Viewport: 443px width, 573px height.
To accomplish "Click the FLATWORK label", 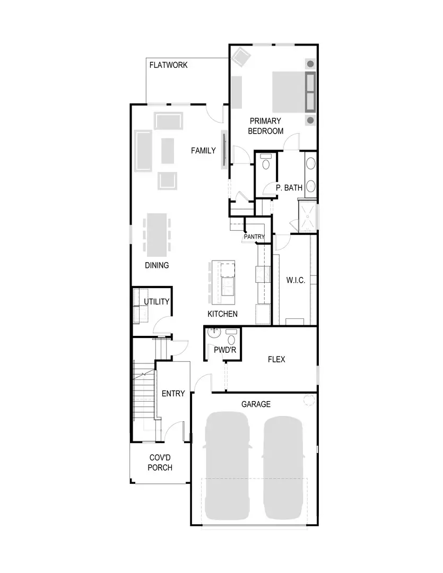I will tap(168, 65).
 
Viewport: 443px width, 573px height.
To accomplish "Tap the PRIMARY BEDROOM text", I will tap(265, 126).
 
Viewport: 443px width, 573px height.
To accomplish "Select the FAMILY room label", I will tap(203, 151).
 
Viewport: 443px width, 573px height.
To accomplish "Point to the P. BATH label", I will tap(289, 187).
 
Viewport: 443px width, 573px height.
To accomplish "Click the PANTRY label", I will tap(254, 237).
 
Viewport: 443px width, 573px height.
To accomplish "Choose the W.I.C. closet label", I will tap(296, 280).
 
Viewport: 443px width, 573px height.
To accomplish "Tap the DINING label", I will tap(157, 265).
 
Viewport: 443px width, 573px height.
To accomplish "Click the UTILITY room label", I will tap(157, 302).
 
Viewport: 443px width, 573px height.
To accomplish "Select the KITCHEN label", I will tap(222, 314).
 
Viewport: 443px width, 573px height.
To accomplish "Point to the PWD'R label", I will tap(222, 350).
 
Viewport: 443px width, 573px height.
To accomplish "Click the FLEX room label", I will tap(276, 360).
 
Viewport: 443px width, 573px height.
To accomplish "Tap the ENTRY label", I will tap(173, 394).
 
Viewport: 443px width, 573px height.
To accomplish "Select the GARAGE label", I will tap(256, 404).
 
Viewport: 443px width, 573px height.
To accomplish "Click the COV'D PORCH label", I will tap(160, 463).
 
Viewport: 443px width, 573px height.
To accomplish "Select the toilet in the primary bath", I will tap(266, 161).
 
